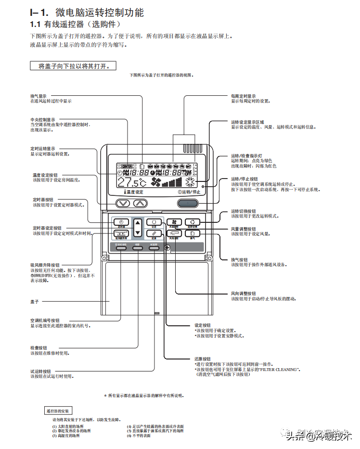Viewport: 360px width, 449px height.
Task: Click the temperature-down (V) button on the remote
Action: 124,203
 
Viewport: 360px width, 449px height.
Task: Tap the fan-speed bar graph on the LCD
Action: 172,182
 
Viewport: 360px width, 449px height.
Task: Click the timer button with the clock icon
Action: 120,223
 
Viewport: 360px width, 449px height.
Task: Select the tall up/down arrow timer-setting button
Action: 138,228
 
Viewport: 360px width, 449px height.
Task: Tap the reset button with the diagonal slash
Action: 154,234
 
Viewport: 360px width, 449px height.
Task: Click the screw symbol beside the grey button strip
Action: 167,248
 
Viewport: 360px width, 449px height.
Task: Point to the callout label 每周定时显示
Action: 244,96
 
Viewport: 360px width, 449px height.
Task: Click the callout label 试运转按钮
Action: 40,371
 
